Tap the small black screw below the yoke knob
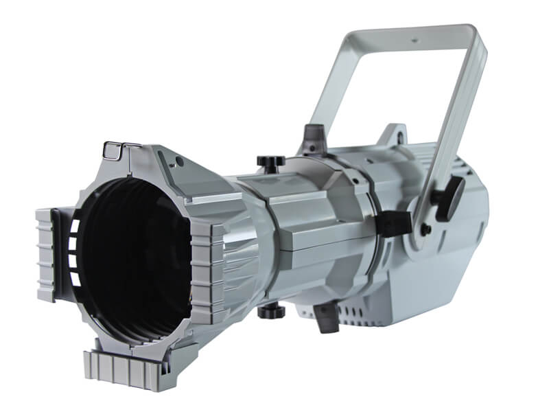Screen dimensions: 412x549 426,229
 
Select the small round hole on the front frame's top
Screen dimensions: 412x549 179,162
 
